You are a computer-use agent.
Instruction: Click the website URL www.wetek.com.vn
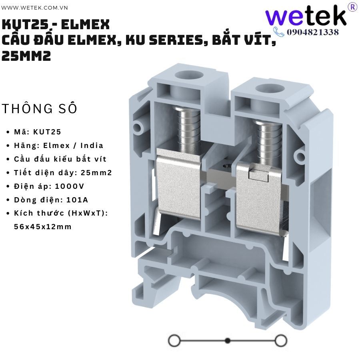pyautogui.click(x=34, y=8)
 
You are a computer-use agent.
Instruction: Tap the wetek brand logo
pyautogui.click(x=306, y=15)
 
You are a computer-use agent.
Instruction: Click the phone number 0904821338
pyautogui.click(x=313, y=32)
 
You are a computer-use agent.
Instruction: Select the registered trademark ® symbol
pyautogui.click(x=353, y=7)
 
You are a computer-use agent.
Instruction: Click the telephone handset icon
pyautogui.click(x=279, y=32)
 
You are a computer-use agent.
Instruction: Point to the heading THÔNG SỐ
pyautogui.click(x=39, y=108)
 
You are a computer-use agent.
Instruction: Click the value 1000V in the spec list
pyautogui.click(x=70, y=186)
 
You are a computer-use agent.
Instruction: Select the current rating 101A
pyautogui.click(x=77, y=200)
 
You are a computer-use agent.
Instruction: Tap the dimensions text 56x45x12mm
pyautogui.click(x=43, y=227)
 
